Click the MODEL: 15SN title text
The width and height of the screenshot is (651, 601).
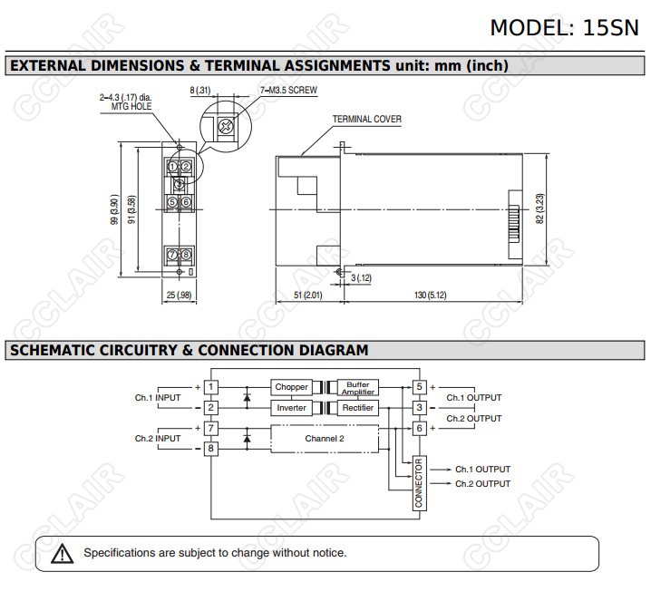coord(564,26)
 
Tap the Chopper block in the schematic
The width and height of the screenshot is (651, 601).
coord(291,387)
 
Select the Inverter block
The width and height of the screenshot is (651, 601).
coord(291,409)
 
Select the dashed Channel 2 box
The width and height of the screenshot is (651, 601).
coord(324,438)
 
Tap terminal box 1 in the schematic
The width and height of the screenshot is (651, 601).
coord(211,387)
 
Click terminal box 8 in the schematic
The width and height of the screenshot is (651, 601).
coord(211,449)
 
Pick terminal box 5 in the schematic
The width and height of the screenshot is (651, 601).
coord(419,387)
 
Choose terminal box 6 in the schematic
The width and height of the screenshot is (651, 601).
coord(419,428)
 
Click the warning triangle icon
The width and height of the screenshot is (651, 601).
coord(62,553)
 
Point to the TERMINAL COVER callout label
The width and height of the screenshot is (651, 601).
coord(366,120)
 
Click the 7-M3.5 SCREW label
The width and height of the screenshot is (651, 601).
coord(288,92)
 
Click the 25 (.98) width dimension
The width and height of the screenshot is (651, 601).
coord(179,296)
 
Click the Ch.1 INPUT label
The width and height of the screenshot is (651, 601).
coord(158,398)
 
